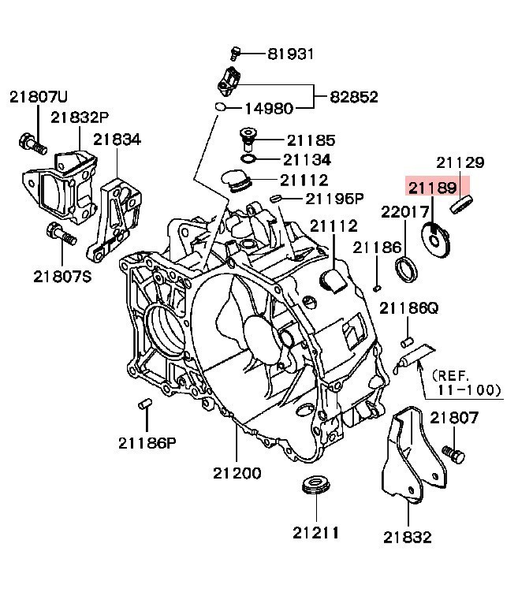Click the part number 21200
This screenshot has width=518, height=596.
(237, 474)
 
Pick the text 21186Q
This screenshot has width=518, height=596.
(408, 307)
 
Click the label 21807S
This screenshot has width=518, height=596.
(62, 276)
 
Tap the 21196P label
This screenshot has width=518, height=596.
(334, 198)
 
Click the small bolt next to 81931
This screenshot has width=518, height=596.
(234, 54)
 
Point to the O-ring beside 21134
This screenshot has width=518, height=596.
(248, 159)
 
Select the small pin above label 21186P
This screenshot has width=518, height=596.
(143, 404)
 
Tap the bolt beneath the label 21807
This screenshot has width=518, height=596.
(453, 453)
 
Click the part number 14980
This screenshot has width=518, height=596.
(267, 108)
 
